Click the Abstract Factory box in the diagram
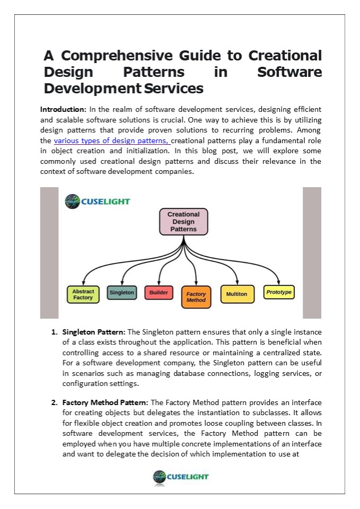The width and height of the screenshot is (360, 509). click(83, 294)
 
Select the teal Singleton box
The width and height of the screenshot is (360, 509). click(121, 292)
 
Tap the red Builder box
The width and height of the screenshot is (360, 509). click(159, 292)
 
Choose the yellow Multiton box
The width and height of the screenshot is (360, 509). click(236, 293)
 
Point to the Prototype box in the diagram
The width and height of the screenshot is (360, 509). click(279, 292)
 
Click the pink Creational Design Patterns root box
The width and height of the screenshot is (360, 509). click(183, 222)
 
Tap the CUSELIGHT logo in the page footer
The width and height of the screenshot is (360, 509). click(180, 477)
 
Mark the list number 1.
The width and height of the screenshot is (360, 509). click(54, 332)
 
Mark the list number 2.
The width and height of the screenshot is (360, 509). click(54, 402)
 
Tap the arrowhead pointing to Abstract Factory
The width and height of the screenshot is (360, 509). click(84, 284)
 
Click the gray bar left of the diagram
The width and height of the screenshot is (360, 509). click(49, 252)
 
